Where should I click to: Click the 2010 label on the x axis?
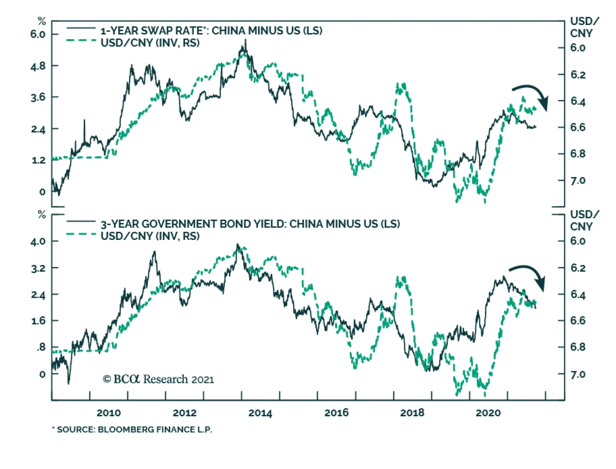coord(108,413)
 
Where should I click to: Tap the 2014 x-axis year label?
coord(260,413)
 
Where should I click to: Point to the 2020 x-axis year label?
coord(488,413)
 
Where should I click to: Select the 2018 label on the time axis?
coord(412,413)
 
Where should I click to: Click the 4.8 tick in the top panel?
coord(38,66)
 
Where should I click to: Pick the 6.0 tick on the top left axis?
coord(38,34)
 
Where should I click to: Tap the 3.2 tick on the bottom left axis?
coord(38,268)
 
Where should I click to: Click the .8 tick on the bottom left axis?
coord(40,347)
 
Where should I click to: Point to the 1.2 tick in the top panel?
coord(38,160)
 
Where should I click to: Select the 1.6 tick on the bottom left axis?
coord(38,321)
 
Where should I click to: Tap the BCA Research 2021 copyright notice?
coord(158,380)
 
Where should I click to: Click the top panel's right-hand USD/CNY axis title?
coord(584,27)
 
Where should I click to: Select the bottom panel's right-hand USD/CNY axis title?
coord(584,220)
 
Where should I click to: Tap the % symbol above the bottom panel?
coord(42,215)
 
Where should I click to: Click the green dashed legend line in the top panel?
coord(81,40)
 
